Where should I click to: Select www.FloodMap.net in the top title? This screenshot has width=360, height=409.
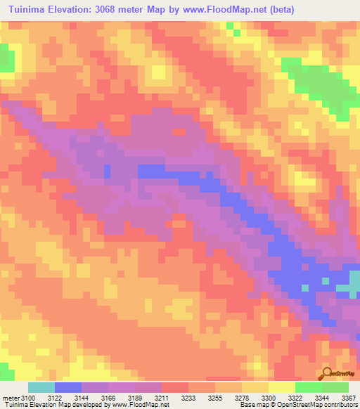pyautogui.click(x=224, y=9)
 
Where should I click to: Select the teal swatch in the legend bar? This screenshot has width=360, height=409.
pyautogui.click(x=41, y=387)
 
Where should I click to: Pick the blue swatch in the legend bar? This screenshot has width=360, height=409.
pyautogui.click(x=68, y=387)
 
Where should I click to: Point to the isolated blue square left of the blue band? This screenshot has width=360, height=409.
pyautogui.click(x=107, y=169)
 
